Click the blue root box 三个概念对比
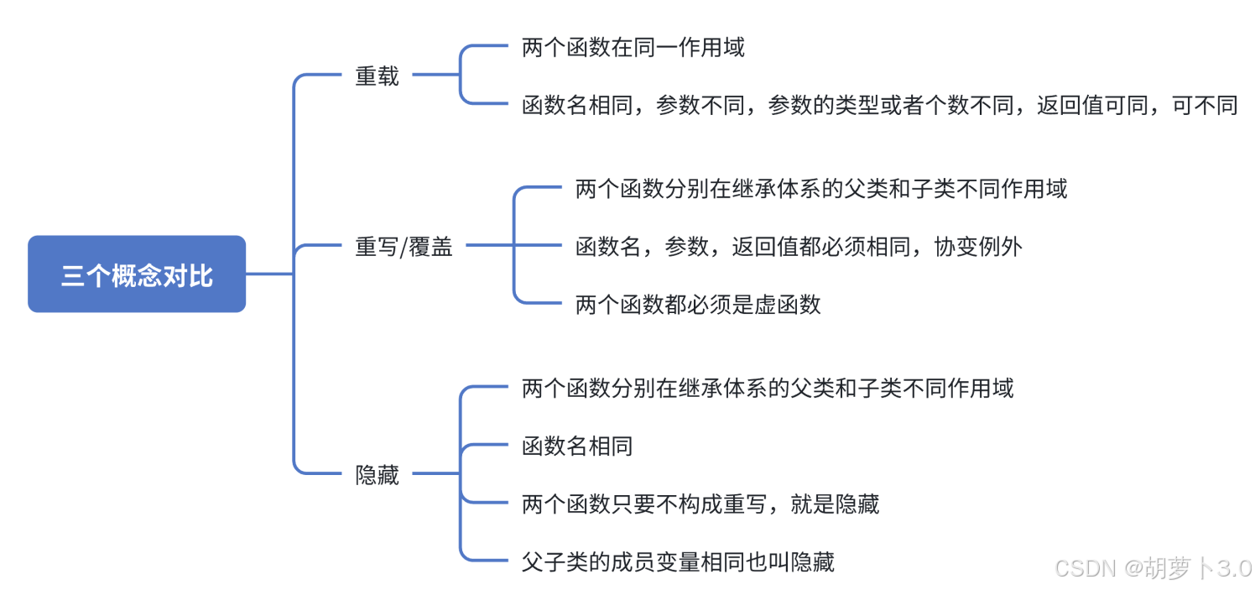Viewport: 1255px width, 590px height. click(137, 274)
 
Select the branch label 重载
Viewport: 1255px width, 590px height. click(377, 76)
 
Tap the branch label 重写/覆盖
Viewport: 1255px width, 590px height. click(404, 247)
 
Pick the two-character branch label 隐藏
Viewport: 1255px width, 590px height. click(377, 475)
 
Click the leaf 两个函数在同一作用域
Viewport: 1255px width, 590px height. click(633, 47)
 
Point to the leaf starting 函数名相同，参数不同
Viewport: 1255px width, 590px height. click(879, 105)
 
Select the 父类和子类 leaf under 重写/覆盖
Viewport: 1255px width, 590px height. click(820, 189)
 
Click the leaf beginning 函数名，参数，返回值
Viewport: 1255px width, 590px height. click(799, 247)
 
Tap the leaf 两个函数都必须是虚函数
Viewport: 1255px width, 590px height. click(698, 305)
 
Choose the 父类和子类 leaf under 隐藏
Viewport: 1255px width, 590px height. click(767, 388)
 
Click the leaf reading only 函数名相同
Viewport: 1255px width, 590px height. click(577, 446)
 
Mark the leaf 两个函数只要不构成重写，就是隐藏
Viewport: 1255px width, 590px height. click(700, 504)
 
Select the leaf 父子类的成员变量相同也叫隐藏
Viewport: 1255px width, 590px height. click(678, 561)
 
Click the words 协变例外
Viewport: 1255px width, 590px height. click(978, 247)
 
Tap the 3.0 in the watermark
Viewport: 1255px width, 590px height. click(1234, 568)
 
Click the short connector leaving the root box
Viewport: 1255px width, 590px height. click(268, 274)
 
